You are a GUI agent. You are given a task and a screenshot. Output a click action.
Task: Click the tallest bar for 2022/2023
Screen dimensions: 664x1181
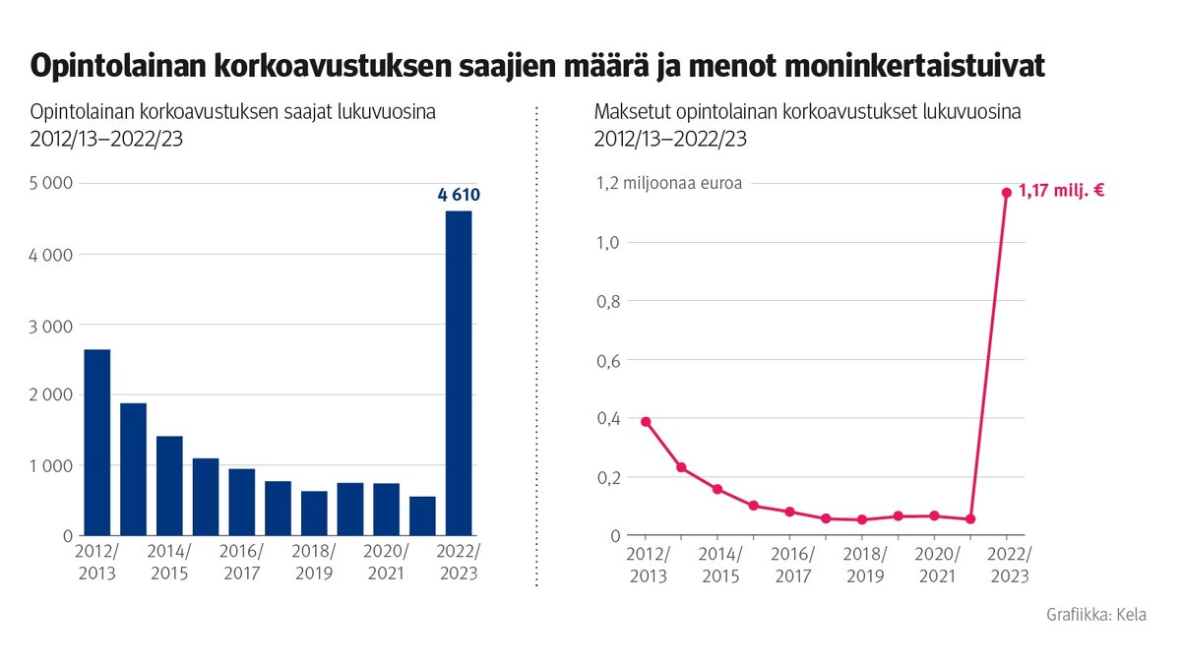(x=459, y=373)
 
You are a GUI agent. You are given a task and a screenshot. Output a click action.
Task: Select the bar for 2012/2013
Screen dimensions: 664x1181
(x=96, y=442)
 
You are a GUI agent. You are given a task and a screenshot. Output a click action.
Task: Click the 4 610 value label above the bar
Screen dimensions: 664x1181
(x=459, y=195)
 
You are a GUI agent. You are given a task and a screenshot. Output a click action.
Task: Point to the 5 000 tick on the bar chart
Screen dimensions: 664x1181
(x=51, y=183)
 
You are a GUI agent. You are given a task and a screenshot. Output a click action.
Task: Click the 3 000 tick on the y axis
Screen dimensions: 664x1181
(x=51, y=325)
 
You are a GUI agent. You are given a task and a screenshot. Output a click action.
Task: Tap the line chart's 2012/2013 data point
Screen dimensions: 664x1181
(x=646, y=421)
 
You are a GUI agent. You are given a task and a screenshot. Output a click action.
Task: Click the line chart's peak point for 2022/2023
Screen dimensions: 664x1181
(x=1006, y=193)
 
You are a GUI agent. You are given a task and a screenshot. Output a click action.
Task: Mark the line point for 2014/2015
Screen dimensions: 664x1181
(x=717, y=489)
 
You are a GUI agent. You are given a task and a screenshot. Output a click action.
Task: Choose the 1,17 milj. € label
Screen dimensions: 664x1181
(x=1061, y=191)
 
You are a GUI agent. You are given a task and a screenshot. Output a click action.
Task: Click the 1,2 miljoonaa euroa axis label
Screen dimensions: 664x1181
(x=666, y=183)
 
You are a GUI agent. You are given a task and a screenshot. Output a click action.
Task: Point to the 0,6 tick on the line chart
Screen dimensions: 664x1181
(x=608, y=360)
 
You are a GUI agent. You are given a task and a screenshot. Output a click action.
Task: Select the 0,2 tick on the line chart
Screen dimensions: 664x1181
(x=608, y=477)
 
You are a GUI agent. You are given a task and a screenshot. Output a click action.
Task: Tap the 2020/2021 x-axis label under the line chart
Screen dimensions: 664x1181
(x=934, y=563)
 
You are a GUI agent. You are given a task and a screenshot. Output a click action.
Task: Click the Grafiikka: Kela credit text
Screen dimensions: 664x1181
(x=1096, y=615)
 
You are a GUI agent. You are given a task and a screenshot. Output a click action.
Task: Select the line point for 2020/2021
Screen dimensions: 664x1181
(x=934, y=515)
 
